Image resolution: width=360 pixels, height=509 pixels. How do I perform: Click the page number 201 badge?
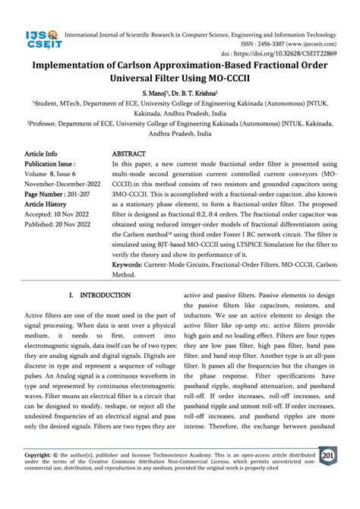[329, 457]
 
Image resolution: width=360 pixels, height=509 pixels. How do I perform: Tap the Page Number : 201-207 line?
[57, 194]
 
